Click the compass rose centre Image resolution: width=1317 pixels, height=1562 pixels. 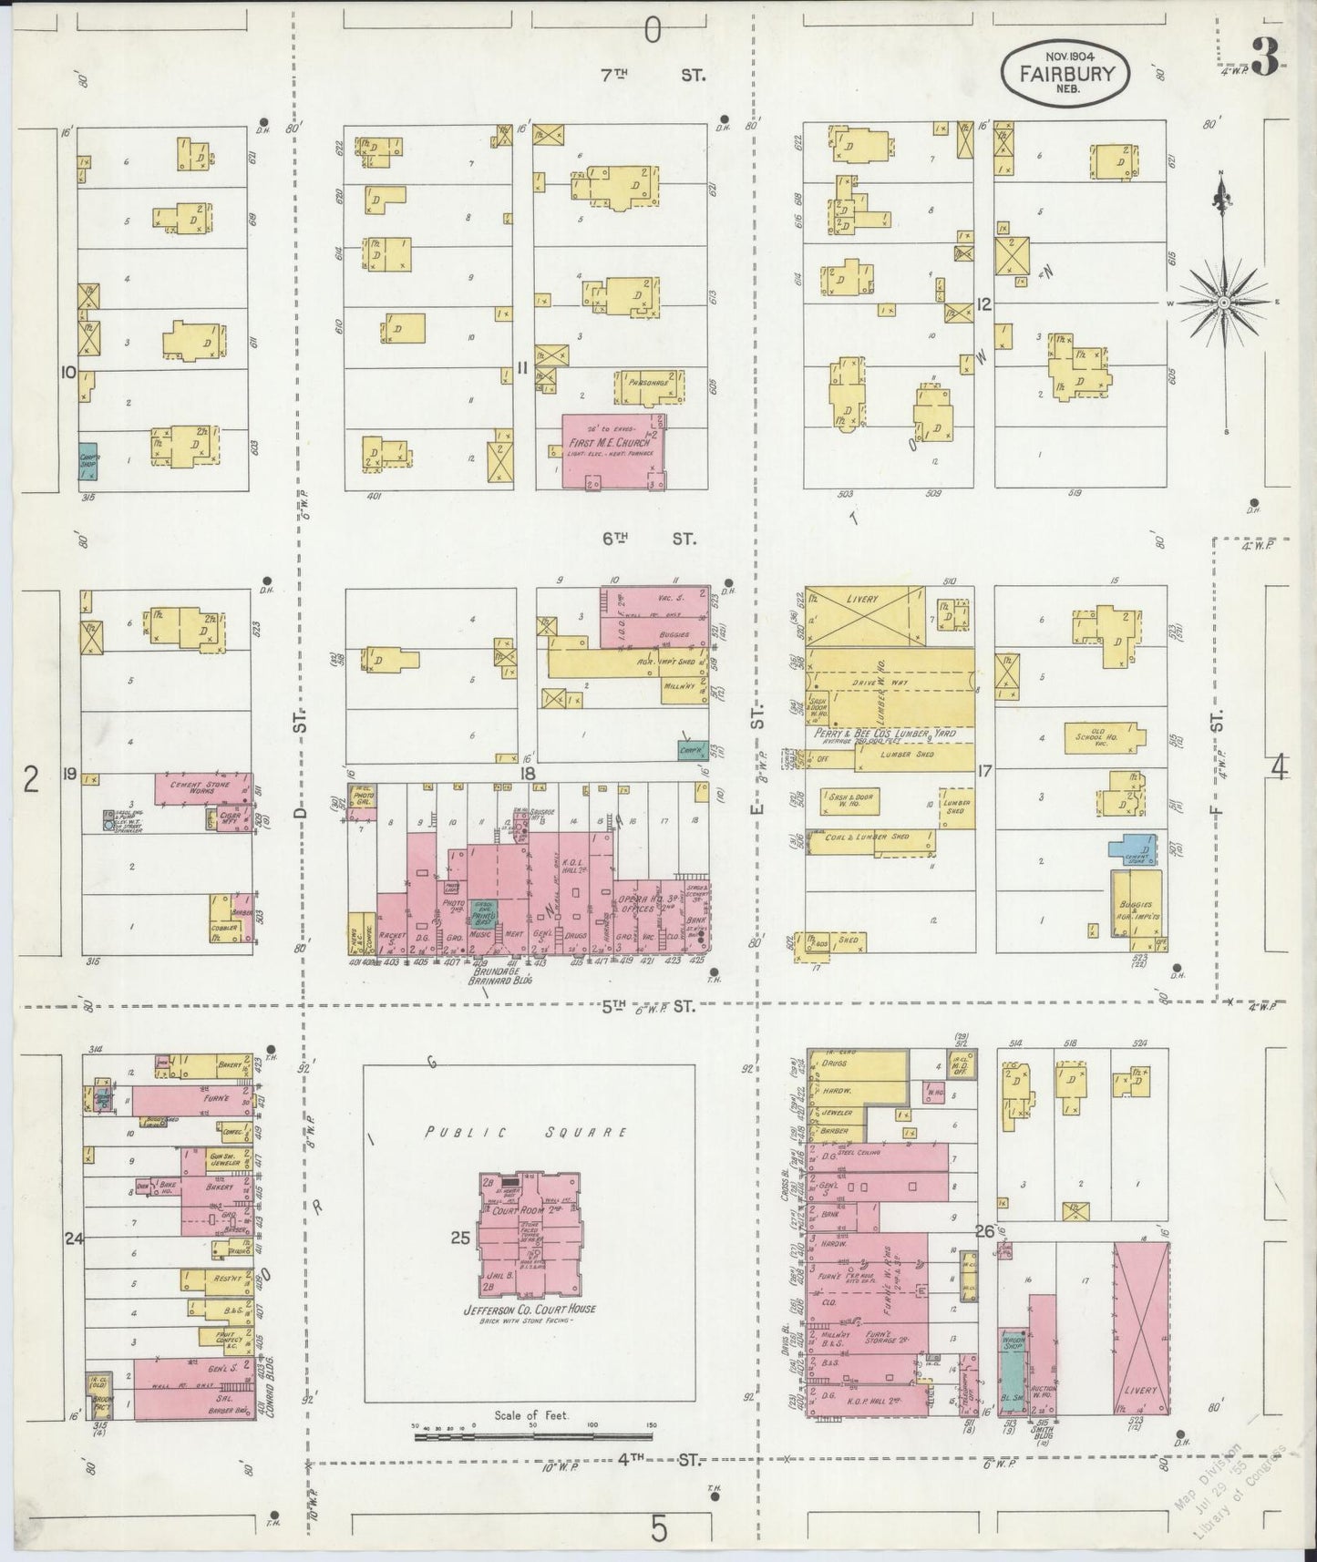[x=1224, y=302]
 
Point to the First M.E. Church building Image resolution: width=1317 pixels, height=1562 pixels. [x=612, y=450]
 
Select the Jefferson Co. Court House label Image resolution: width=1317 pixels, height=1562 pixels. [x=530, y=1310]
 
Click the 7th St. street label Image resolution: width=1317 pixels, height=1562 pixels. [x=650, y=75]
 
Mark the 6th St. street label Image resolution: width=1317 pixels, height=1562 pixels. [x=648, y=539]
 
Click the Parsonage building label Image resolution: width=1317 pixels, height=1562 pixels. [x=648, y=384]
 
